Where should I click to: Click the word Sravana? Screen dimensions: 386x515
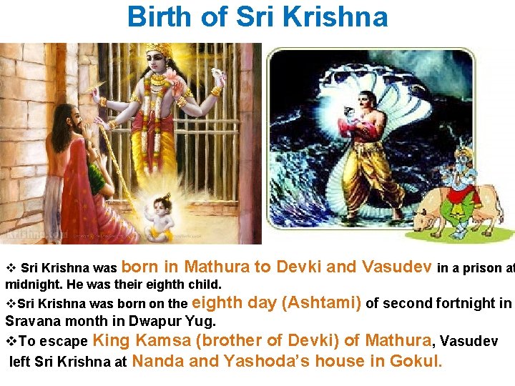(34, 321)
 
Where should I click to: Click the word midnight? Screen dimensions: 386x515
(31, 284)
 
